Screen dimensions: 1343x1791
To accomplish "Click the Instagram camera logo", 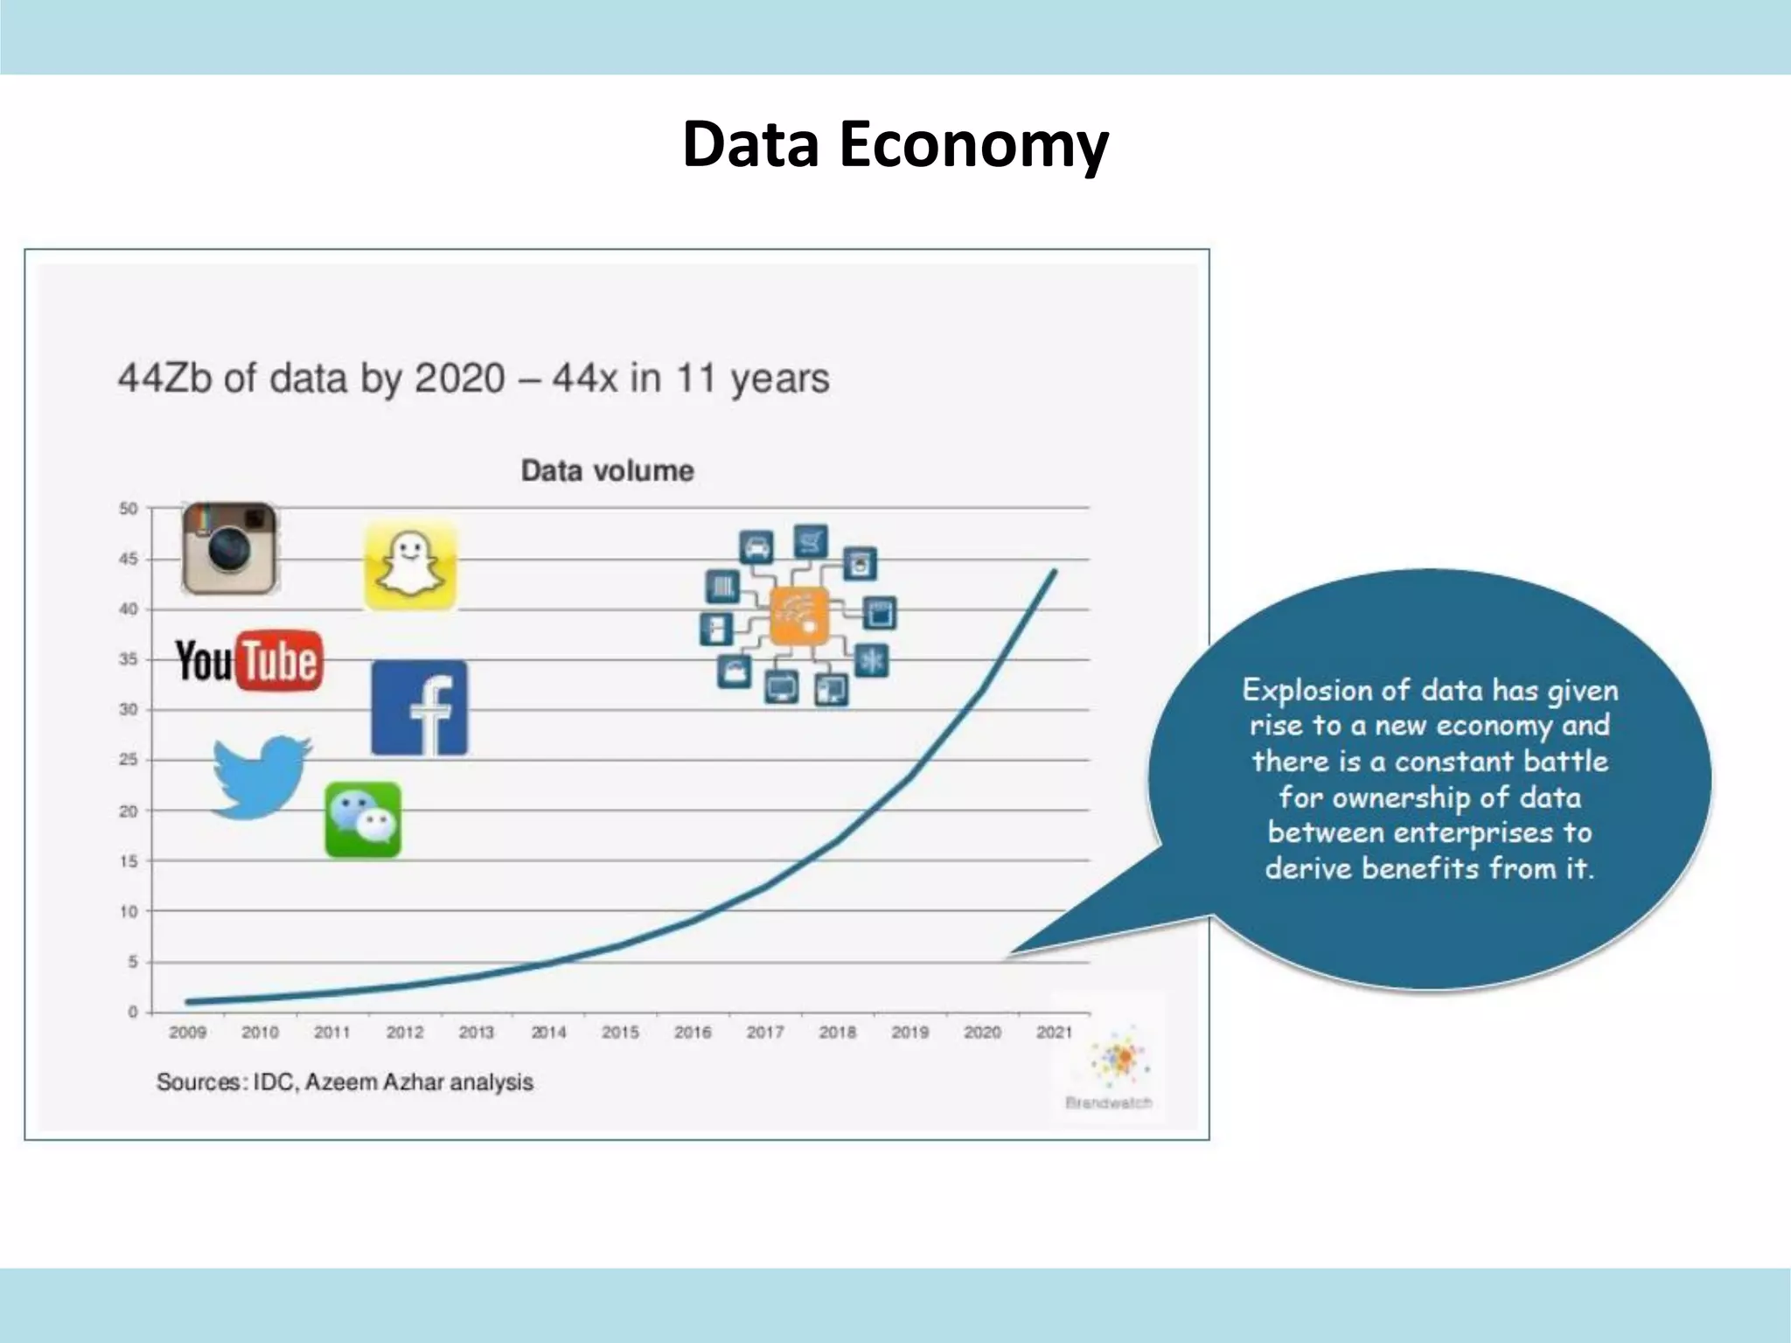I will point(229,548).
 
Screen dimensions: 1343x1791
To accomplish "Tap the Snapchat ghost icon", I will point(410,565).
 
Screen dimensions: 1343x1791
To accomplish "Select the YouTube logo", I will point(249,660).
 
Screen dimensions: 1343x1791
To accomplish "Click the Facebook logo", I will point(419,707).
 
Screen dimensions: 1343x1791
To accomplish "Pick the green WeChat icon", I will point(363,819).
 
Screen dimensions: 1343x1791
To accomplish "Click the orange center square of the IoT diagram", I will point(798,616).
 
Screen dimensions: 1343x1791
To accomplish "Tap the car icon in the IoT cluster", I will point(756,547).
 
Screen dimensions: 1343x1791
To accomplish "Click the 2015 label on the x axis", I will point(620,1033).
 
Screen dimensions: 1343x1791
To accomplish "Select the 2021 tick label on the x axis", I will point(1054,1033).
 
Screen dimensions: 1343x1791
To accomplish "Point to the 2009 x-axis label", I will point(187,1033).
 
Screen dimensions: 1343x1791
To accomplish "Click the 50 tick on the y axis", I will point(129,508).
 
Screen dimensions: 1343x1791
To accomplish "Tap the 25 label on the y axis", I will point(129,760).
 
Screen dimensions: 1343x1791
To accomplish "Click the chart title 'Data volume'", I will point(607,470).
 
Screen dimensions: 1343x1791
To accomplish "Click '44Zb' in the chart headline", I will point(164,379).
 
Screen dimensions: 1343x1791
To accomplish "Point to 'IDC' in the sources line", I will point(275,1082).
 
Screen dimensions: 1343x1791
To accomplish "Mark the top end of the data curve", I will point(1055,572).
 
